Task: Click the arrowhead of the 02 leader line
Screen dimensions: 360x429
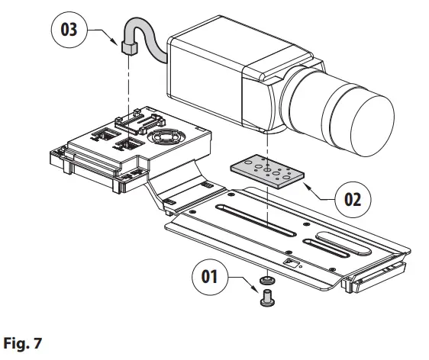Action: (305, 183)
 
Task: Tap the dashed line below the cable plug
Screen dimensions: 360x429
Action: (127, 84)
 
